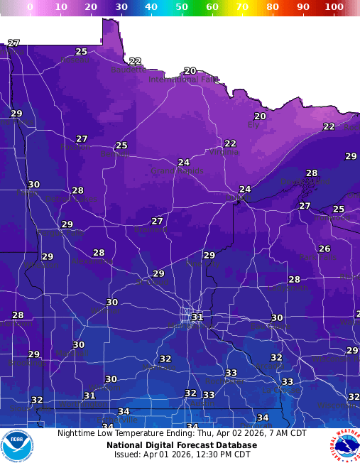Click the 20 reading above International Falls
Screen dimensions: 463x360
pyautogui.click(x=190, y=71)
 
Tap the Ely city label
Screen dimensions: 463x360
pyautogui.click(x=253, y=125)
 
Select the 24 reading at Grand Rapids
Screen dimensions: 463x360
pyautogui.click(x=184, y=163)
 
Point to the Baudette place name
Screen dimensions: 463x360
pyautogui.click(x=129, y=70)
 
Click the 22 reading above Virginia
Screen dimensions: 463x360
pyautogui.click(x=230, y=143)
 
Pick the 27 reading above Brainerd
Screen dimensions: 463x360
pyautogui.click(x=157, y=221)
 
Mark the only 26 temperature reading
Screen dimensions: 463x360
pyautogui.click(x=324, y=249)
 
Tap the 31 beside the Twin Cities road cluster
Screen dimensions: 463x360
pyautogui.click(x=197, y=317)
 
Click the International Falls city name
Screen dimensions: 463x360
pyautogui.click(x=183, y=80)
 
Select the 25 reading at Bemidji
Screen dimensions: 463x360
pyautogui.click(x=121, y=146)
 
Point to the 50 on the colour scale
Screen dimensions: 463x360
pyautogui.click(x=182, y=6)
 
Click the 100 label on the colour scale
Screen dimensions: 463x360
pyautogui.click(x=334, y=6)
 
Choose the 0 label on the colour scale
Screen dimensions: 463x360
pyautogui.click(x=30, y=6)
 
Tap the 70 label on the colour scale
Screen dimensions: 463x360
pyautogui.click(x=243, y=6)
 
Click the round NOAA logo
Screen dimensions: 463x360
pyautogui.click(x=17, y=445)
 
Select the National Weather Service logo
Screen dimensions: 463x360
pyautogui.click(x=344, y=445)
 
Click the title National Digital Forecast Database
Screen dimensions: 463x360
pyautogui.click(x=182, y=445)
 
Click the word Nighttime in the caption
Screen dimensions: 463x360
pyautogui.click(x=77, y=432)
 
